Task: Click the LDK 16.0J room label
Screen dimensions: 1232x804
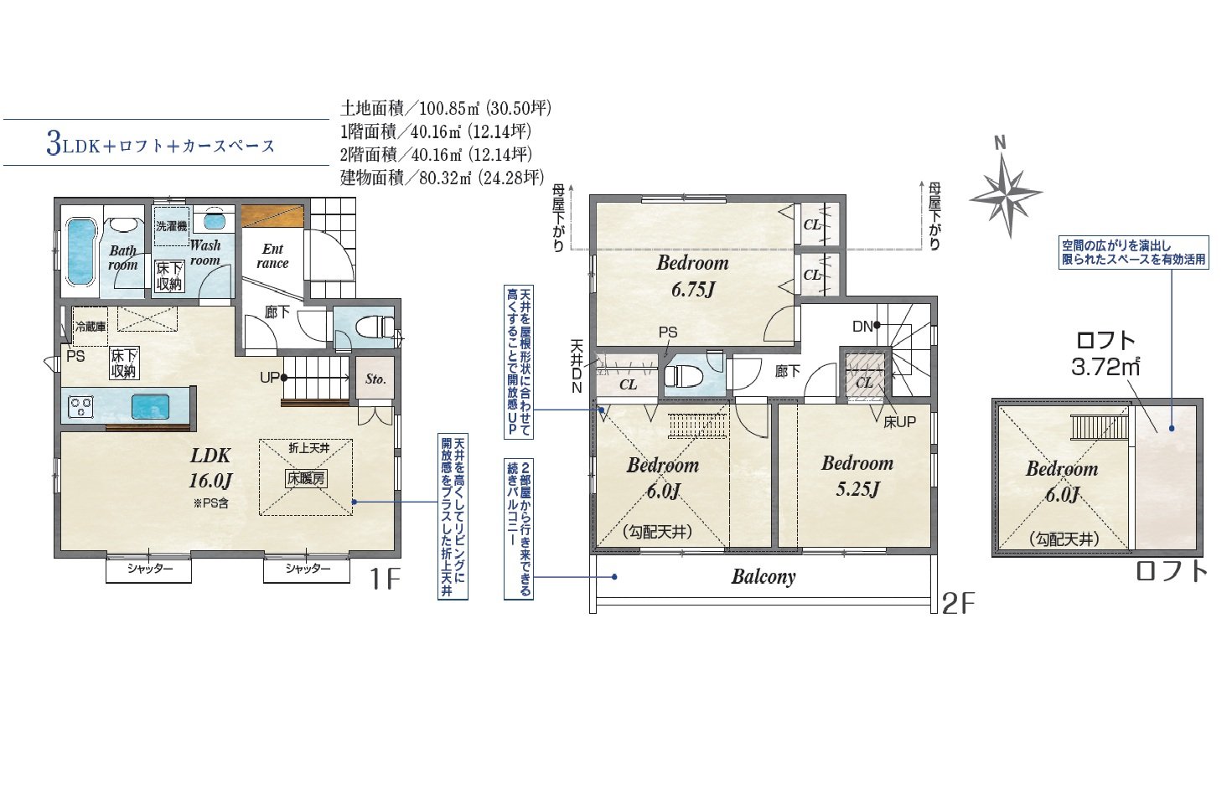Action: (210, 467)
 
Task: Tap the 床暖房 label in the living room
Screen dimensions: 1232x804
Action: (306, 479)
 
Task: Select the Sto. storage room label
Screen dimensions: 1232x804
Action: (375, 379)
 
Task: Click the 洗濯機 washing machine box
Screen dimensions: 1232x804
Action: (172, 226)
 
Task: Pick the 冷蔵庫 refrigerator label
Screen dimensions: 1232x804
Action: (91, 327)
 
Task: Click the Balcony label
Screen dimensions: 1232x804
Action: (764, 576)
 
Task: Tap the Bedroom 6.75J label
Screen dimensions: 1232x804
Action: (692, 276)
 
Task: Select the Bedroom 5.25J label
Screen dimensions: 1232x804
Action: (857, 476)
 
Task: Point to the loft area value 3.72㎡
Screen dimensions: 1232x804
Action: (1105, 367)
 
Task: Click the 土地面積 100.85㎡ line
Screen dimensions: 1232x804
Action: (446, 108)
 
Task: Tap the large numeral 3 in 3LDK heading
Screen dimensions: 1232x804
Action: (54, 144)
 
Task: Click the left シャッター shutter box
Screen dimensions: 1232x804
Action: (148, 570)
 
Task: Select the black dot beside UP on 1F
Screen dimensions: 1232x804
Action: (284, 378)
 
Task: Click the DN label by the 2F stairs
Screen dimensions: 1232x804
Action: (862, 327)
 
